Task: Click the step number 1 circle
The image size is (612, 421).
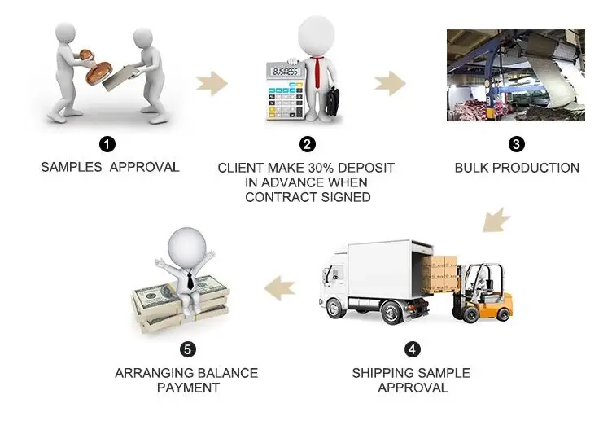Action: point(107,144)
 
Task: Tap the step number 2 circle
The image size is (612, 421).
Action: point(307,144)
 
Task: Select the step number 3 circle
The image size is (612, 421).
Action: point(516,144)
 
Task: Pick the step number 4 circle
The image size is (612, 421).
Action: point(413,349)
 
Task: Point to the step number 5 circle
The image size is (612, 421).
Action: point(188,349)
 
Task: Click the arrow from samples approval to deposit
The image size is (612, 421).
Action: point(212,81)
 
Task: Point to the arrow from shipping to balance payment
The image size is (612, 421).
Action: point(279,285)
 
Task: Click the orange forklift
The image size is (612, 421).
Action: point(487,293)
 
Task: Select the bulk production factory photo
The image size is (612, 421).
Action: point(515,75)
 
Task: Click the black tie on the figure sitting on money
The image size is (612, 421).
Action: point(188,281)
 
